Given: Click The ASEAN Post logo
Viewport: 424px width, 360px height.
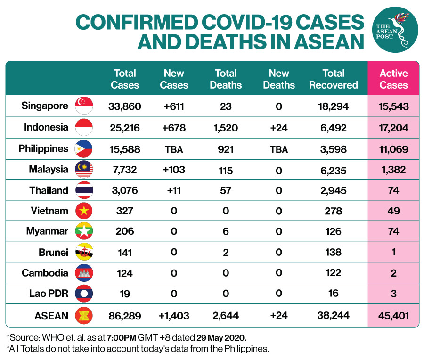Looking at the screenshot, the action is [395, 30].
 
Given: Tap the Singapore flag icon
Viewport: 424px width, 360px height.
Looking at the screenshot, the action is [84, 106].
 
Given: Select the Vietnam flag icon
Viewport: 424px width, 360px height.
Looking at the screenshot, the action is [84, 211].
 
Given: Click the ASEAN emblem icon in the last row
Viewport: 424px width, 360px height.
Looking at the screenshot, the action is [84, 315].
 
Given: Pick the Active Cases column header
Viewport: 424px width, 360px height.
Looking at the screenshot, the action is [393, 79].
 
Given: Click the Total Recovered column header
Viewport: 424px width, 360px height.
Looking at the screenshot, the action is [334, 79].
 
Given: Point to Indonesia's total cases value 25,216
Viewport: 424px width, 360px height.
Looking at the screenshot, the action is [125, 128].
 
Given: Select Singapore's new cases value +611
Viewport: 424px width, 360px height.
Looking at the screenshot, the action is [174, 106].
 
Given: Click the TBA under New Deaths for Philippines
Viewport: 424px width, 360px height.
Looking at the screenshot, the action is [279, 149].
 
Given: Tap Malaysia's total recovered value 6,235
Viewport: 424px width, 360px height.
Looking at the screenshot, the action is [334, 171].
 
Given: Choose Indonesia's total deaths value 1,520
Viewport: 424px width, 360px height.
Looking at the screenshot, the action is [226, 128].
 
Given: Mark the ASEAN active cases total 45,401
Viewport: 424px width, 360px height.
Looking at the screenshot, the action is [393, 316].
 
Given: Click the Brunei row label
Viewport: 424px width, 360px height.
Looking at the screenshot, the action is [53, 253].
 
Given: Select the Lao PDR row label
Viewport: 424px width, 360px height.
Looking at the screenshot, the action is [49, 293].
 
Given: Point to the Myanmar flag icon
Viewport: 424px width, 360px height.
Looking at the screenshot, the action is [84, 231].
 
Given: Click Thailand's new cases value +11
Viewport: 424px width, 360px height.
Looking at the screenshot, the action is [174, 190].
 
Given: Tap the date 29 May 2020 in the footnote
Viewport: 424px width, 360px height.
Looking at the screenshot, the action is [221, 338].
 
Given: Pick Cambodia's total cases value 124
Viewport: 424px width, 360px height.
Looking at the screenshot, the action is [125, 273].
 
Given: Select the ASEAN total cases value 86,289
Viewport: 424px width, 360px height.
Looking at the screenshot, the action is [125, 316].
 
